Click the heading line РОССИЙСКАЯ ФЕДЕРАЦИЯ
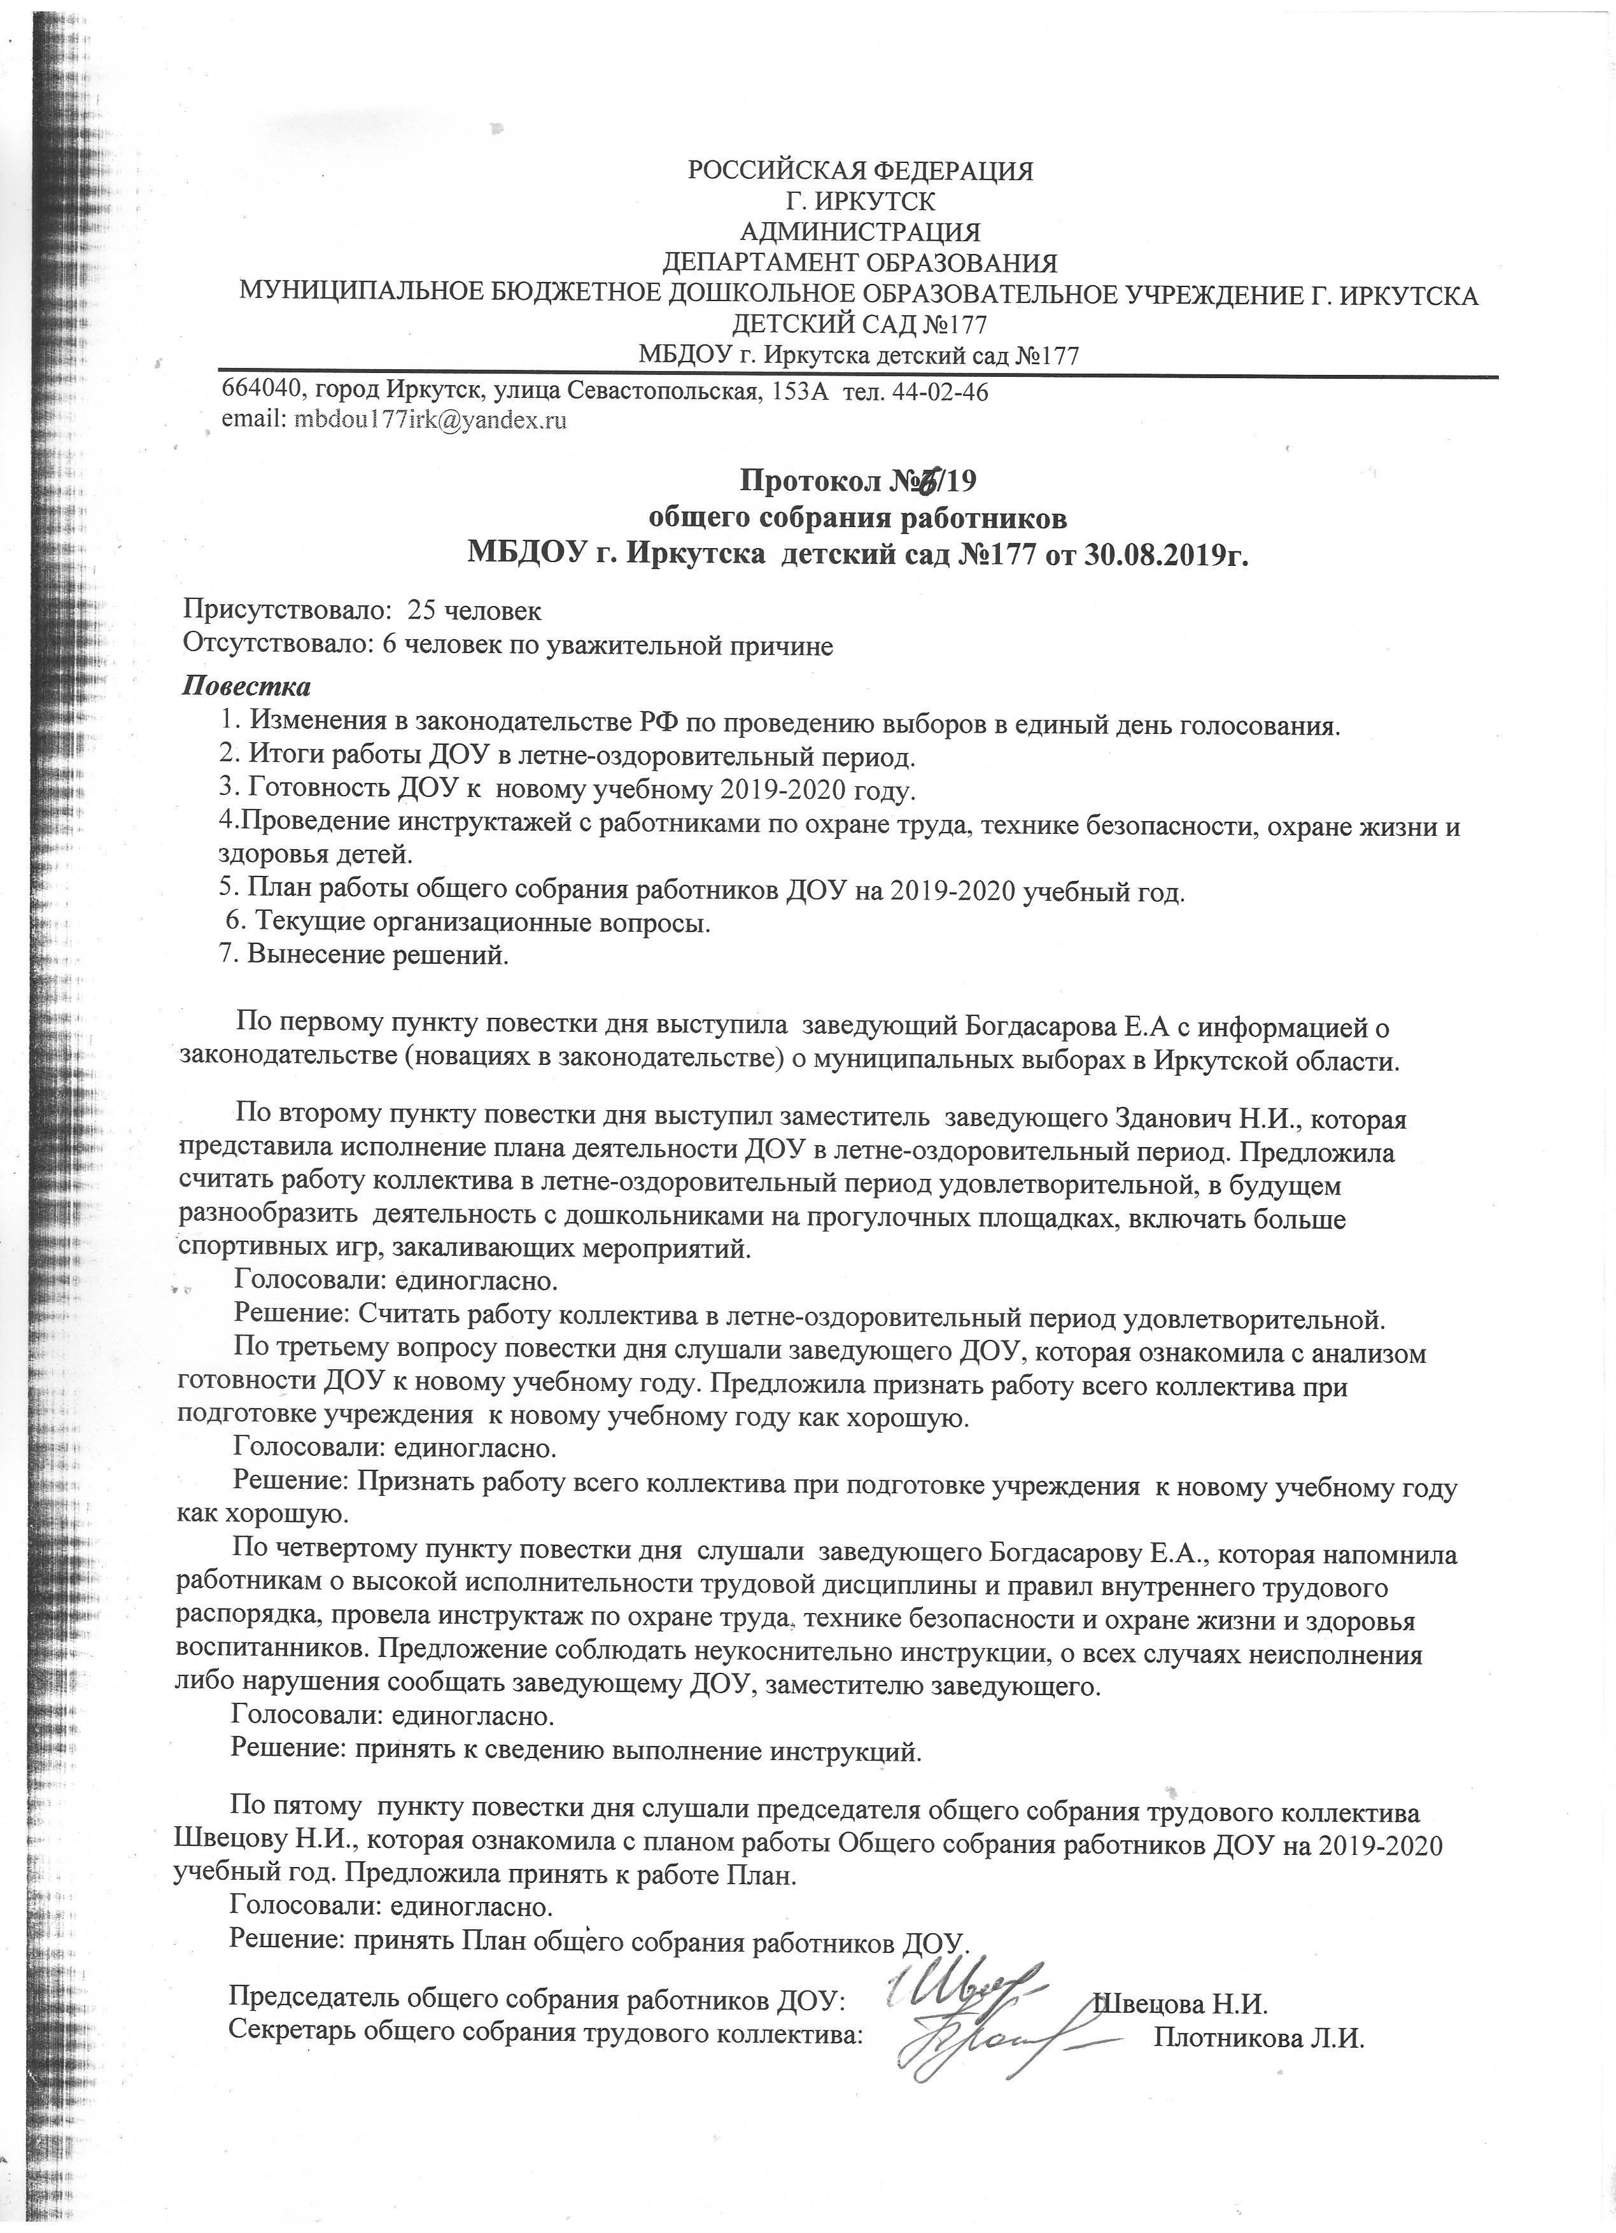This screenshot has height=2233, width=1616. coord(860,171)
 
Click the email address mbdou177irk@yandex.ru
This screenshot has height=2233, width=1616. coord(425,420)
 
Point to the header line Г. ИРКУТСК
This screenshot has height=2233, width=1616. coord(860,202)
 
